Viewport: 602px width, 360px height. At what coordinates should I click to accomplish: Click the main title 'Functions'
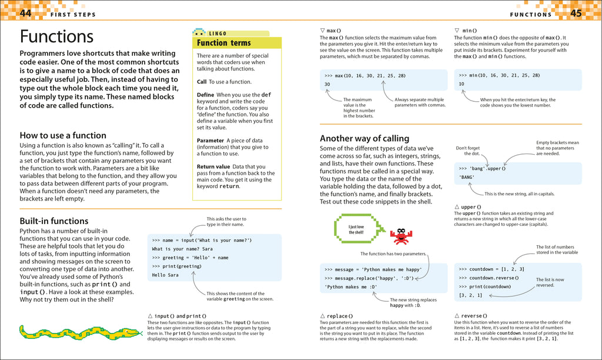56,36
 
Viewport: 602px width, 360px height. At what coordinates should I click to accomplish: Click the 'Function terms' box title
224,43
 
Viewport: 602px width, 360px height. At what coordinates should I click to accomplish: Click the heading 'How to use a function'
63,135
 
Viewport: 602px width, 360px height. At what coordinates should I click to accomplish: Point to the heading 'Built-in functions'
54,221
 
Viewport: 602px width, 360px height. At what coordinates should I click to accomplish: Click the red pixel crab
402,236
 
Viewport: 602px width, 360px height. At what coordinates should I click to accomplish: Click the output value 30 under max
327,85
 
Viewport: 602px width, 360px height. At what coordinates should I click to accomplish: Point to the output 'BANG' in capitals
467,177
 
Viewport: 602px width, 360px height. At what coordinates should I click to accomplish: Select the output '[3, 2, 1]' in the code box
470,295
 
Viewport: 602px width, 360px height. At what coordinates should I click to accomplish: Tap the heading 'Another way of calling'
364,138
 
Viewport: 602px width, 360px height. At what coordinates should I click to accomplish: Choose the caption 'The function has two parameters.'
393,254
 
